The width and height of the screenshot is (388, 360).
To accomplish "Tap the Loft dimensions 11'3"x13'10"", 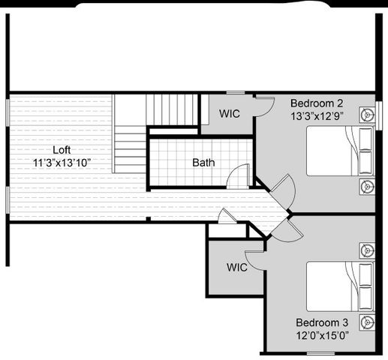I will pyautogui.click(x=62, y=163).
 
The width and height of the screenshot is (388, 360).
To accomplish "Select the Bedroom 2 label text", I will pyautogui.click(x=317, y=103).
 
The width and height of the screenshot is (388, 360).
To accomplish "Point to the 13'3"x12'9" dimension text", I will pyautogui.click(x=317, y=116).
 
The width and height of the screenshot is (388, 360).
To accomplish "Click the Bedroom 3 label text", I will pyautogui.click(x=321, y=323).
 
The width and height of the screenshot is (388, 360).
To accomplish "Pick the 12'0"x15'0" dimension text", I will pyautogui.click(x=321, y=336).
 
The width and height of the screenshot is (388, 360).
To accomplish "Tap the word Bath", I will pyautogui.click(x=203, y=162).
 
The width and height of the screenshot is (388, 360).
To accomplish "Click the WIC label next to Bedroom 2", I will pyautogui.click(x=230, y=114).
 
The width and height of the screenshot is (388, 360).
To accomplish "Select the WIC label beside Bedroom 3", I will pyautogui.click(x=237, y=267).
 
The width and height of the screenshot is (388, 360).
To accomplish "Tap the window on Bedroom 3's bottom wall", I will pyautogui.click(x=320, y=352).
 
